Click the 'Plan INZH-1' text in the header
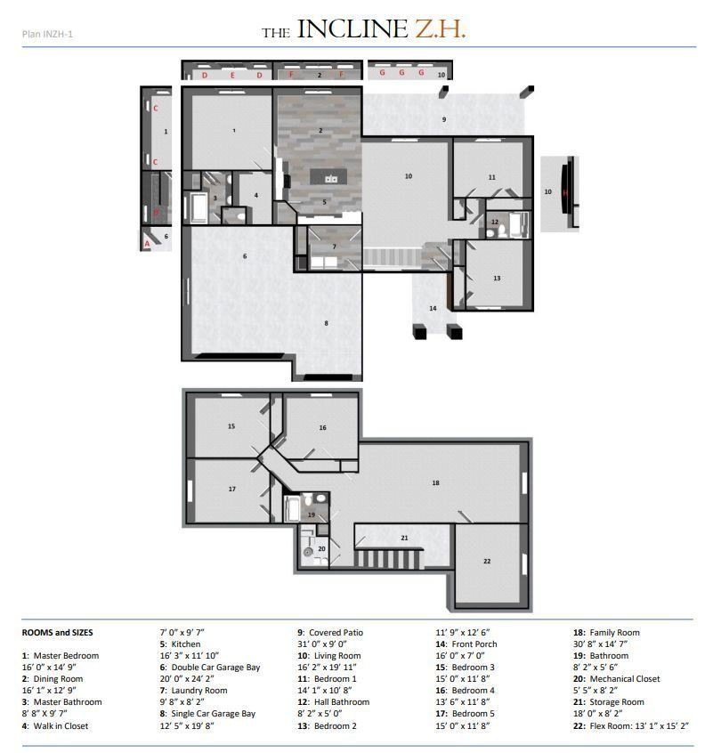(x=47, y=34)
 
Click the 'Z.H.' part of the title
(x=441, y=29)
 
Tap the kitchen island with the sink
(x=330, y=177)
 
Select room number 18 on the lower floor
(x=435, y=482)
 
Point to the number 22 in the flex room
(x=487, y=561)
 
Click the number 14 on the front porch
(x=433, y=308)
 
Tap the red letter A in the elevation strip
(x=147, y=244)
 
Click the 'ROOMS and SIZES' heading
(x=57, y=633)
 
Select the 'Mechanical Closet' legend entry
(x=625, y=678)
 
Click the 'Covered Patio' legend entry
(x=336, y=633)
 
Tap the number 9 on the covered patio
(x=444, y=119)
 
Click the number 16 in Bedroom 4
(x=322, y=427)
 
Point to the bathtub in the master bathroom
(x=198, y=208)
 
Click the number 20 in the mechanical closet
(x=321, y=548)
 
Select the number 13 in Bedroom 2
(x=497, y=278)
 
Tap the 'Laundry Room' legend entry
(x=198, y=690)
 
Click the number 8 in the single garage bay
(x=326, y=323)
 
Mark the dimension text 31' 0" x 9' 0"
(x=322, y=644)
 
